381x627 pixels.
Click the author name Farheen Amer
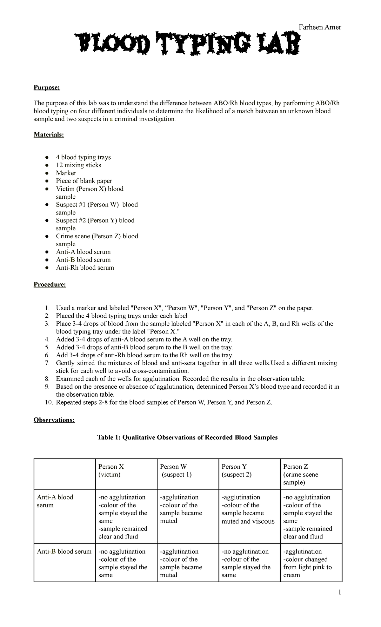pos(320,27)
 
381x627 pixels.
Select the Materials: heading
pos(49,135)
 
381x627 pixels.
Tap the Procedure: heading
pos(50,284)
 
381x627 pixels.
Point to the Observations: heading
pos(54,420)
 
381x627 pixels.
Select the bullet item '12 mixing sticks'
pos(78,165)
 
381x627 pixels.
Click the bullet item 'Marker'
pos(66,173)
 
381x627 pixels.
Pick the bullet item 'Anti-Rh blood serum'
pos(85,267)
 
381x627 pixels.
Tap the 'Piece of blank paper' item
pos(84,181)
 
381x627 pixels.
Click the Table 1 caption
pos(187,438)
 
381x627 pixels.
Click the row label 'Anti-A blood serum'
pos(55,501)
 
